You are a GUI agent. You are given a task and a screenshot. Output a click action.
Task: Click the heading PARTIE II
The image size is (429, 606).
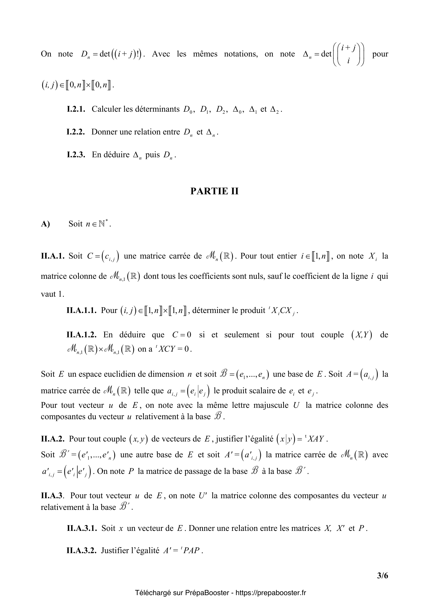click(x=214, y=191)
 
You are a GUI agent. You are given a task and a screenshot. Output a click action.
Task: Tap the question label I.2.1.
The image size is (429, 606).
click(x=76, y=109)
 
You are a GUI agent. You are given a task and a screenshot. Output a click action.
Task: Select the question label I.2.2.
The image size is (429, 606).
click(x=76, y=132)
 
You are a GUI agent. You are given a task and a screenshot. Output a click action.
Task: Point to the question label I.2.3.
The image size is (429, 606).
click(x=76, y=155)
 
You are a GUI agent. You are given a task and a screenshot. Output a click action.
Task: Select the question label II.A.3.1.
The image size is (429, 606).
click(x=81, y=528)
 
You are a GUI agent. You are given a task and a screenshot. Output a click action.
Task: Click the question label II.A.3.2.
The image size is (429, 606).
click(x=81, y=551)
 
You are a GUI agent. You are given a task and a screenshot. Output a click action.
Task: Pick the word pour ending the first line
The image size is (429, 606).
click(x=380, y=54)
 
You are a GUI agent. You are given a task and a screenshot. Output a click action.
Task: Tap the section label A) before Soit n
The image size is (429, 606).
click(x=45, y=224)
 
